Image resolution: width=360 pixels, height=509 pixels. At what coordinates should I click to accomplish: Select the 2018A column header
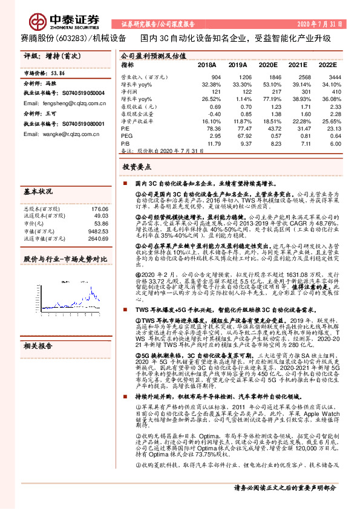coord(206,64)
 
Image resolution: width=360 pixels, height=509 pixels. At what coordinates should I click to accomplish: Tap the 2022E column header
coord(327,64)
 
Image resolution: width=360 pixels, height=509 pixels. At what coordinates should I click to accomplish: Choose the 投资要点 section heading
coord(137,166)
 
